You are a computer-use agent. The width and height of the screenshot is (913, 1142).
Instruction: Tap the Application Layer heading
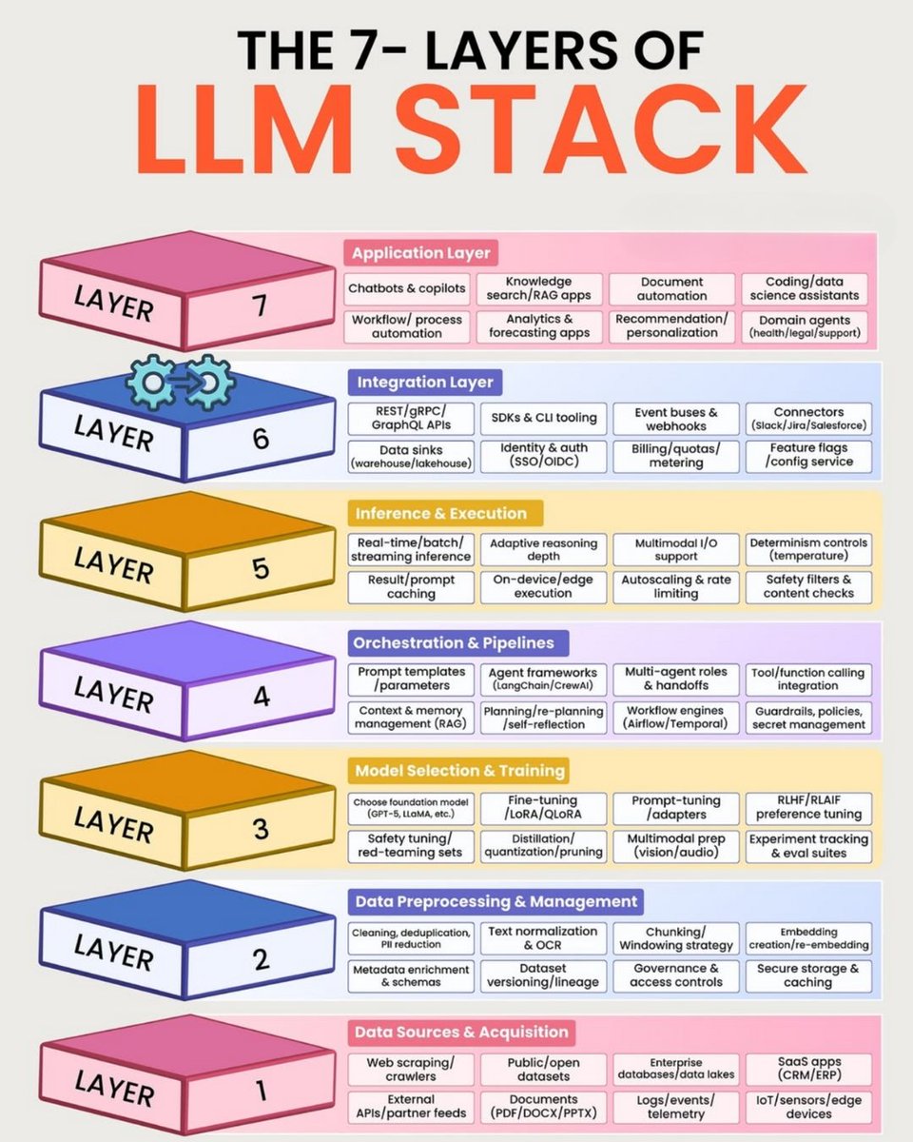(420, 253)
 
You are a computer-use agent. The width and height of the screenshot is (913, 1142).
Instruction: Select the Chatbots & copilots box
(406, 288)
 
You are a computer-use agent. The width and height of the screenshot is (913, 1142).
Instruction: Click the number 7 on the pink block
(259, 306)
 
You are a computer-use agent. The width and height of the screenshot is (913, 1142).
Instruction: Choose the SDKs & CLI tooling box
(543, 418)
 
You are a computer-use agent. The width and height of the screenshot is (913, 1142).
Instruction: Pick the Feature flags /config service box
(808, 455)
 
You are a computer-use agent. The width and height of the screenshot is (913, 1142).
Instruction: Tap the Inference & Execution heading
(439, 514)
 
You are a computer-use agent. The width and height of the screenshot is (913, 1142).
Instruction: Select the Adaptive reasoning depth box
(543, 549)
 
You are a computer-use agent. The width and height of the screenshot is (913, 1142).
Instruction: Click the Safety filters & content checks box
(808, 586)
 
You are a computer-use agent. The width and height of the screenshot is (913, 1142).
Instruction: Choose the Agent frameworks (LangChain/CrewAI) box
(543, 679)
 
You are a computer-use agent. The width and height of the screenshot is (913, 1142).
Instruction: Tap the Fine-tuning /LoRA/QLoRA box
(543, 808)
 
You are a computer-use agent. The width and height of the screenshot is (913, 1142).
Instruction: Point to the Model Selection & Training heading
(458, 770)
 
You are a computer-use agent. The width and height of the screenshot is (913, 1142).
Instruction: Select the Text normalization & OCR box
(543, 938)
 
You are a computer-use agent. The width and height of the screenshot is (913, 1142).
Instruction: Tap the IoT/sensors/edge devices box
(808, 1107)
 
